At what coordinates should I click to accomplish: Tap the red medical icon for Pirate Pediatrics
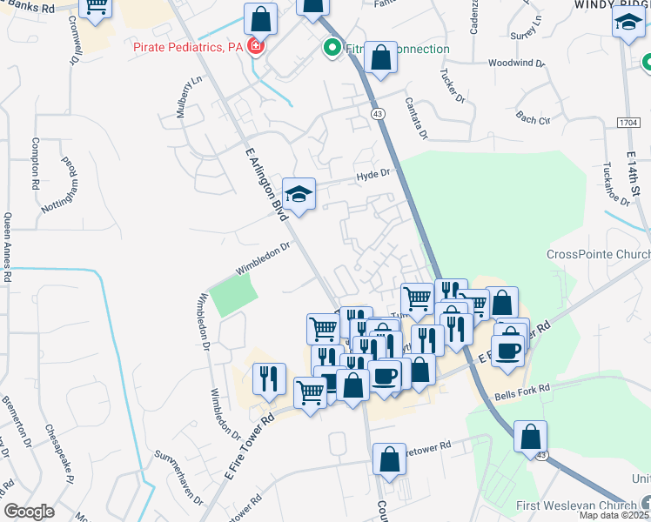(x=256, y=46)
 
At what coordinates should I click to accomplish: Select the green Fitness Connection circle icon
(x=331, y=49)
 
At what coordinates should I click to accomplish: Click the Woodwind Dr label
(x=516, y=64)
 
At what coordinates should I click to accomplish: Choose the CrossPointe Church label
(x=598, y=254)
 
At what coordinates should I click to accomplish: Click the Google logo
(x=29, y=512)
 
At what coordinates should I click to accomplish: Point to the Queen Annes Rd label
(x=8, y=248)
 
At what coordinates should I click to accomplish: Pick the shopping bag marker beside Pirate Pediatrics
(x=260, y=17)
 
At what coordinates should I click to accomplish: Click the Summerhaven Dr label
(x=178, y=478)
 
